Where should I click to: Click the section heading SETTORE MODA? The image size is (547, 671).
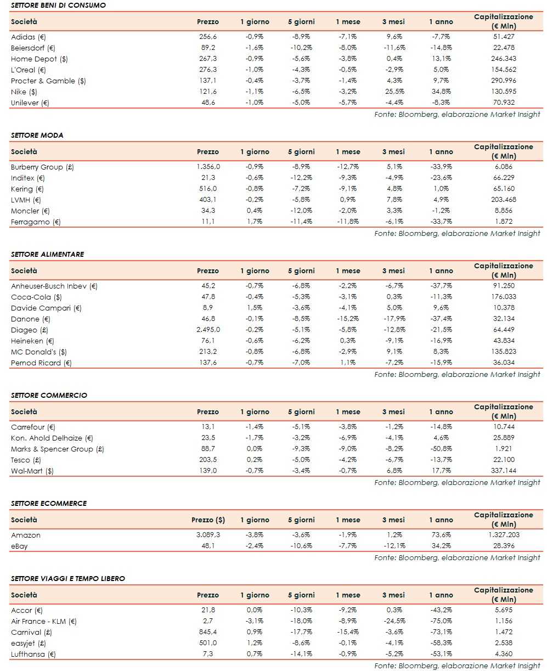click(37, 135)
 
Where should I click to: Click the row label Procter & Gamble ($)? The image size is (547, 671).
click(48, 81)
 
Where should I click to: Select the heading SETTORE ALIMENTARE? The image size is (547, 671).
click(47, 254)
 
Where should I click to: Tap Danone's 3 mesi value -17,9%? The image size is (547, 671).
click(393, 319)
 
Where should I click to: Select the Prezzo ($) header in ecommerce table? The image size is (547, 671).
click(208, 520)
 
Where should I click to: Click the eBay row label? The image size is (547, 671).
click(19, 546)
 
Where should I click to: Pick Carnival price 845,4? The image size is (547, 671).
click(208, 632)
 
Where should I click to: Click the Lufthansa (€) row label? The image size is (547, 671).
click(33, 654)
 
